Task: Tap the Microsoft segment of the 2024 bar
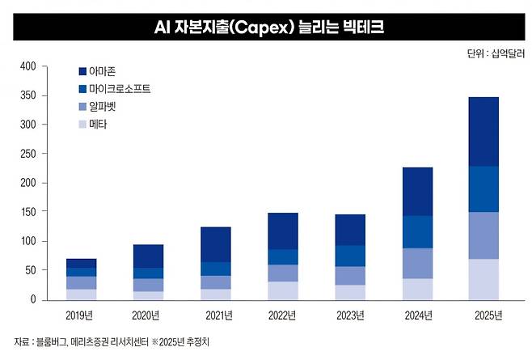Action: point(417,231)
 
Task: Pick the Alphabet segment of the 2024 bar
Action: point(417,263)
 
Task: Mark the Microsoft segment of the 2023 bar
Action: point(350,256)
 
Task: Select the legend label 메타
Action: point(98,124)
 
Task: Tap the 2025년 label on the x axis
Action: point(483,314)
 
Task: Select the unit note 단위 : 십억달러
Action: point(495,53)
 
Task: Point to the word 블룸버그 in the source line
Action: point(53,341)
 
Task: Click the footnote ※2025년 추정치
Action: point(185,341)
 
